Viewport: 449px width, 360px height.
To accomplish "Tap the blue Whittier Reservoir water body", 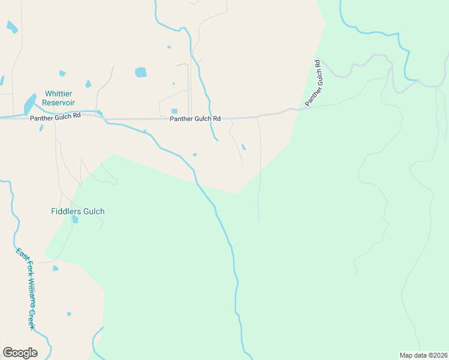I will tap(29, 104).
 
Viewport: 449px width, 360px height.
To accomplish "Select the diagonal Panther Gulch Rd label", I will tap(314, 83).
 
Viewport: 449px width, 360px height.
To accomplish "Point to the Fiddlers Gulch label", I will tap(77, 211).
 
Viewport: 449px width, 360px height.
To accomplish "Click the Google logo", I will tap(20, 353).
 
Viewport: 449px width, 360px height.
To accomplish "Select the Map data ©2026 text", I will tap(423, 355).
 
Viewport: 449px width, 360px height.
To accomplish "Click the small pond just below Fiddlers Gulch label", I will tap(75, 220).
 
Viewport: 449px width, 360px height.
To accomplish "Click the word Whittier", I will tap(59, 94).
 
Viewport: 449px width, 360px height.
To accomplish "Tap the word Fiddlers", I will tap(64, 211).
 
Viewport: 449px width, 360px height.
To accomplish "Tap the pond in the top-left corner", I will tap(12, 27).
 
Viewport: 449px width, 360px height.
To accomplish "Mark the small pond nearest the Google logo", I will tap(69, 314).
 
